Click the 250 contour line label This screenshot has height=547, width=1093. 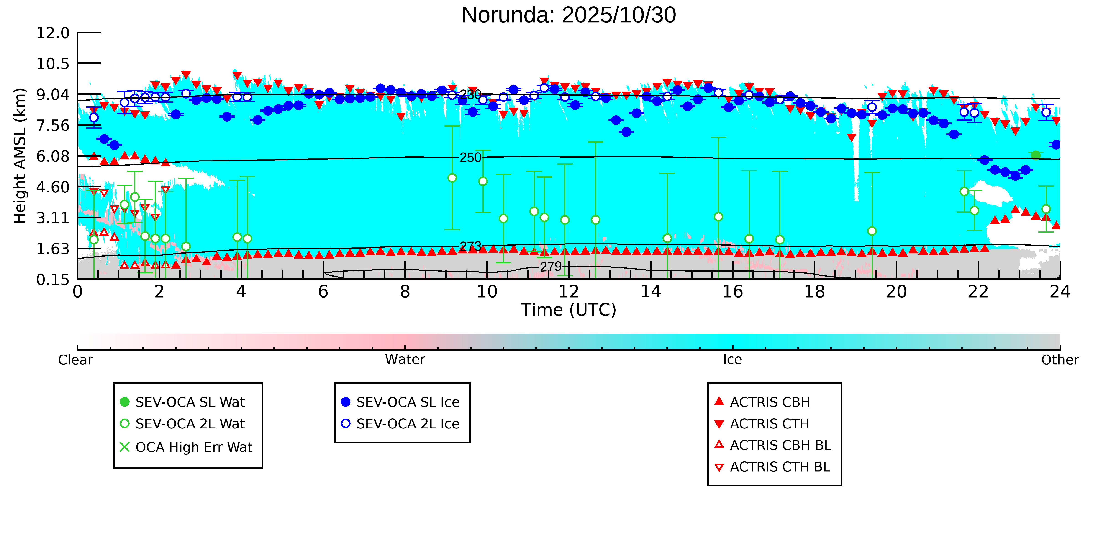tap(470, 158)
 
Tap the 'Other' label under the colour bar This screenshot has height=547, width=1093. tap(1060, 360)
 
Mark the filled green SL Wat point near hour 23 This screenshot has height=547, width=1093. tap(1036, 156)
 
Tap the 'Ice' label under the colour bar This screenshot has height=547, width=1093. tap(732, 360)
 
